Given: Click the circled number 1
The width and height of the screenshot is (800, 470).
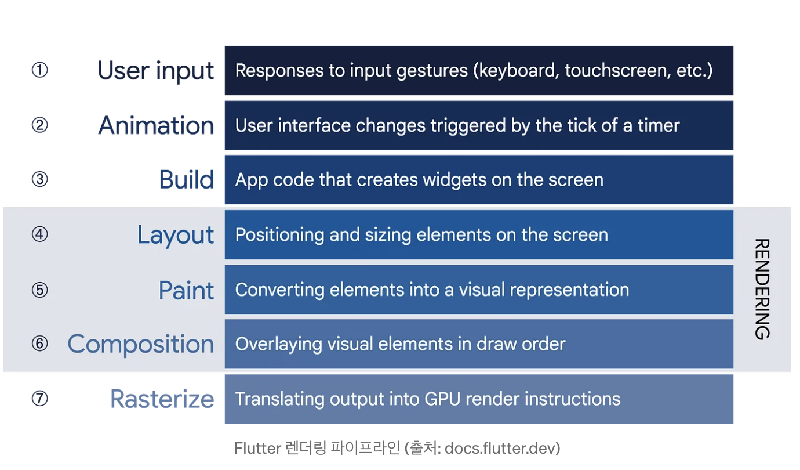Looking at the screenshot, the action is point(39,70).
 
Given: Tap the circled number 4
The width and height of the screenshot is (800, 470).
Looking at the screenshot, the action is point(39,234).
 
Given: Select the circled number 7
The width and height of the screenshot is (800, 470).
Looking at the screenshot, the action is point(39,399).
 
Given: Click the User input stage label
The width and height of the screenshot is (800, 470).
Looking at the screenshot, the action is point(156,71).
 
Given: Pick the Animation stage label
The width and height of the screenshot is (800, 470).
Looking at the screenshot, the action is point(157,126).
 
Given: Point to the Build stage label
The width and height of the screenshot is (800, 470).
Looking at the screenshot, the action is point(187,179).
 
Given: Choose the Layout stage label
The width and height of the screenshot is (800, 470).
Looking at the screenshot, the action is point(176,235).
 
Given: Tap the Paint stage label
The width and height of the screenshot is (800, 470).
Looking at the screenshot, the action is point(187,290).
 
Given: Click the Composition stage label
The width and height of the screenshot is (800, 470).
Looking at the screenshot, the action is point(141,345).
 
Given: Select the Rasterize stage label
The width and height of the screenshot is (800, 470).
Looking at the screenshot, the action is point(162,399).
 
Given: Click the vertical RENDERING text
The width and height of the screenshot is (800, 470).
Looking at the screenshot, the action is point(762,289).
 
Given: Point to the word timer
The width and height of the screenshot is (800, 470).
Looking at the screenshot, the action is point(659,125).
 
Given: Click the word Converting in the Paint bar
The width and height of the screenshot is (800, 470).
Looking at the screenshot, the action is point(279,290).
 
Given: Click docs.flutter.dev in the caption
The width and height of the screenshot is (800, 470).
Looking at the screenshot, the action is point(499,448).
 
